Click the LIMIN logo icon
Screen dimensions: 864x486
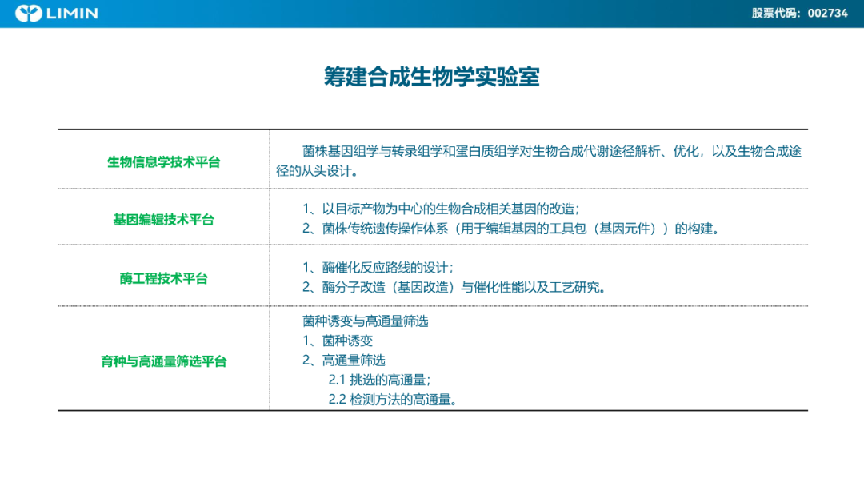29,14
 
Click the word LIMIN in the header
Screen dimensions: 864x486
72,14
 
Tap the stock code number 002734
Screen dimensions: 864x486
828,14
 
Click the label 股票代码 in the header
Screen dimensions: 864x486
774,14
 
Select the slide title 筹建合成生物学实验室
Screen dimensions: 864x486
431,77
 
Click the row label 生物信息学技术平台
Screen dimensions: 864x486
164,161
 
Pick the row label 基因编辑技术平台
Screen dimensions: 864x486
164,220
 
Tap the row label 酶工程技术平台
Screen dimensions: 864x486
164,278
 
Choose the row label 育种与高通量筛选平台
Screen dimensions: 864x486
164,361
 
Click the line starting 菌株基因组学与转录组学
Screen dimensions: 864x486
551,151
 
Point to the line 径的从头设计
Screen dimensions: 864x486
318,171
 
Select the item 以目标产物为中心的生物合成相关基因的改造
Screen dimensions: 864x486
441,209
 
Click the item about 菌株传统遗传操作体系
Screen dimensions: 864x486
511,229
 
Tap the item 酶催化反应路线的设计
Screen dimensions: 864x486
378,268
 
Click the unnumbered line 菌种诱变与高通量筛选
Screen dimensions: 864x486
366,321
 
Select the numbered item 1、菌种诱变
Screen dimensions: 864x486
338,341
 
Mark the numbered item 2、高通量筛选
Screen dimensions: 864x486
344,360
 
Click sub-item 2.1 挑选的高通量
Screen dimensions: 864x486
380,380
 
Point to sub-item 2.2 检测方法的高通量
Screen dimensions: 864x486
393,400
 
